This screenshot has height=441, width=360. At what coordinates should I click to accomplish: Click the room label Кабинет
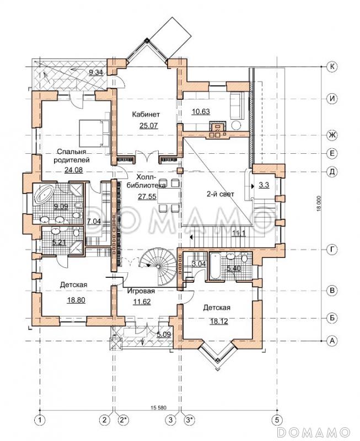[x=146, y=114]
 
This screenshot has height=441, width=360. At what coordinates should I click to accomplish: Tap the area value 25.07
[x=149, y=126]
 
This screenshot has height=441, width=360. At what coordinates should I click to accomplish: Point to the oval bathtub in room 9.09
[x=44, y=194]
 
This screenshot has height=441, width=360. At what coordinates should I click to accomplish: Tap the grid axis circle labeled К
[x=332, y=67]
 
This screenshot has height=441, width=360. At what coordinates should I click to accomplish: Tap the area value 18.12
[x=218, y=321]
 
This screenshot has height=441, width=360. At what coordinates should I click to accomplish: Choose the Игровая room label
[x=141, y=291]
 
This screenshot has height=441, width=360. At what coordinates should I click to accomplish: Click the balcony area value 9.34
[x=96, y=73]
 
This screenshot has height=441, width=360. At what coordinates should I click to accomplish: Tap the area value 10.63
[x=201, y=111]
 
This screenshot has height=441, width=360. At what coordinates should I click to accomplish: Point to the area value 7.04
[x=94, y=221]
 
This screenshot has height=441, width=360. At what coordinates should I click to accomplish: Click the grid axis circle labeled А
[x=332, y=341]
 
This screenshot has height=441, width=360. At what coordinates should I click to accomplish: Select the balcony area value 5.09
[x=164, y=335]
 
